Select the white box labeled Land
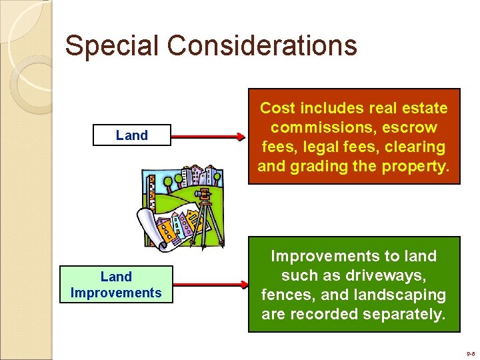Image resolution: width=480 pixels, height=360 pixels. [132, 135]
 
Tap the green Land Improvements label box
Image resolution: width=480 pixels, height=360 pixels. [116, 285]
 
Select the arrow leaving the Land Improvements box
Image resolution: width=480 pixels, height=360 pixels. [208, 285]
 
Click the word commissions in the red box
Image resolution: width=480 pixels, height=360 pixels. [321, 127]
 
